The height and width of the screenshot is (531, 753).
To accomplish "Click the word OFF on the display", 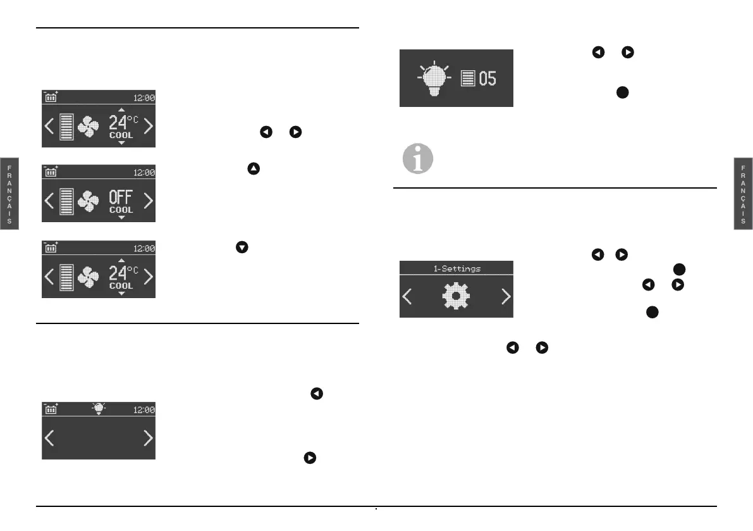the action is click(121, 197).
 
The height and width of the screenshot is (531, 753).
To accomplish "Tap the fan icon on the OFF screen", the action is click(88, 202).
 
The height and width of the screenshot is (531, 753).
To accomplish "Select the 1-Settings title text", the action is click(456, 268).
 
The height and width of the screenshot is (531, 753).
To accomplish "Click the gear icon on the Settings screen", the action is click(456, 296).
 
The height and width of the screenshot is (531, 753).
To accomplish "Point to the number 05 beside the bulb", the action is click(487, 79).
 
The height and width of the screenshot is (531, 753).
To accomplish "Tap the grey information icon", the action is click(419, 159).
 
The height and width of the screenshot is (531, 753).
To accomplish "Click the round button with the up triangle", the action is click(254, 169).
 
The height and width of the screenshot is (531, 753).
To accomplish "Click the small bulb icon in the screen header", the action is click(99, 409).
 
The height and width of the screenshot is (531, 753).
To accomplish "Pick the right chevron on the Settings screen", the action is click(505, 296).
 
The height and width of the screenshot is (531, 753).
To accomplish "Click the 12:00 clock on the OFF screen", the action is click(144, 172).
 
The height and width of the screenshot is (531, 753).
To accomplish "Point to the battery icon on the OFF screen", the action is click(51, 172).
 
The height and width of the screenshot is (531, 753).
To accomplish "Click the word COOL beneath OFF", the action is click(121, 210).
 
